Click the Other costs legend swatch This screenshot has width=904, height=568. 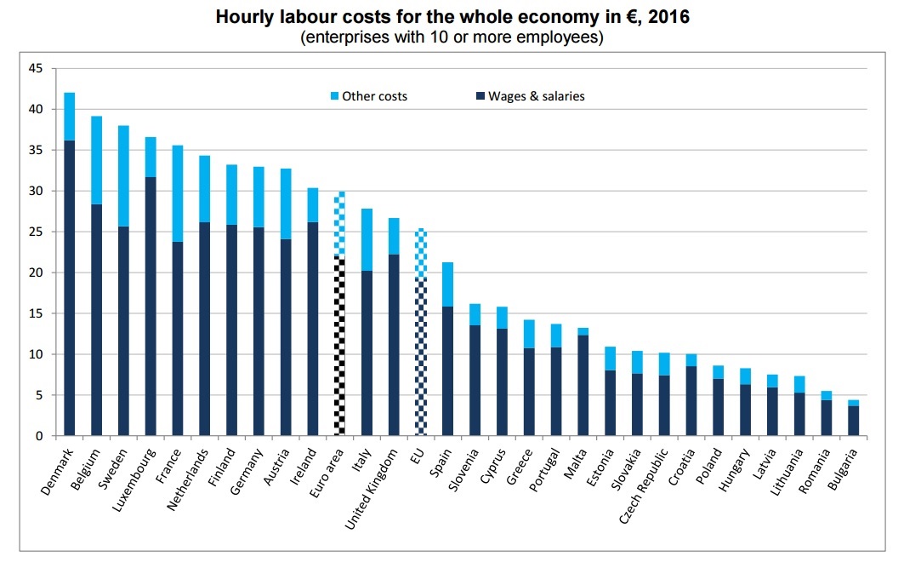(334, 96)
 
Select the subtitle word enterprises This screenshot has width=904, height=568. (339, 38)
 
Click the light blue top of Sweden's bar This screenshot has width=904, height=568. (123, 175)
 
